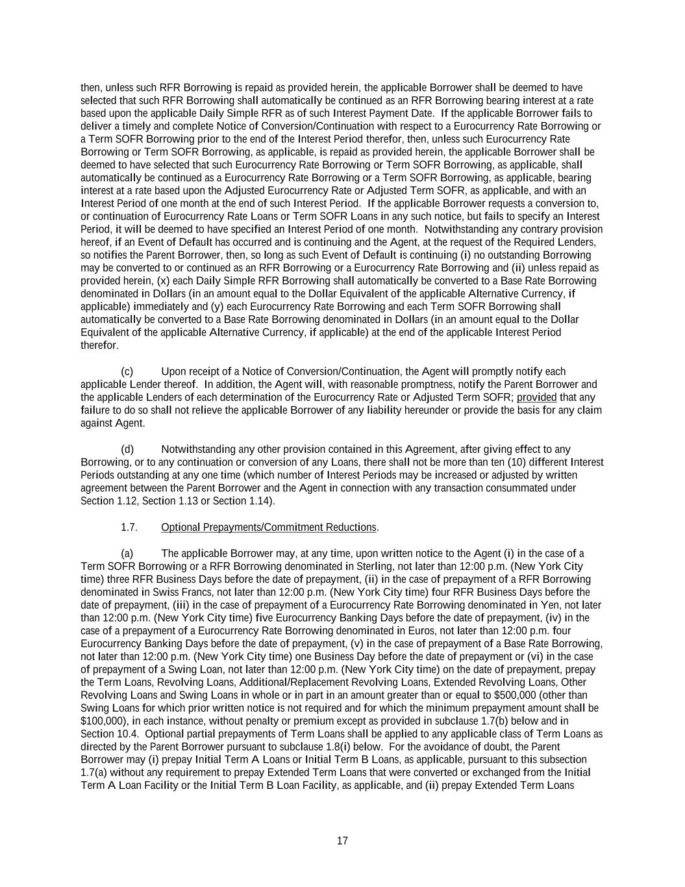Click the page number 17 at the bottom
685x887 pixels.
(x=342, y=841)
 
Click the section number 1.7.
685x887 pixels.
(x=129, y=527)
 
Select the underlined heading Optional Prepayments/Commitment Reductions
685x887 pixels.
(x=268, y=527)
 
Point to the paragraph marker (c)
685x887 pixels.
(x=127, y=371)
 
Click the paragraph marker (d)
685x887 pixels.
(x=127, y=449)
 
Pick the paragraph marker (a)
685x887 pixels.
(x=127, y=553)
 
